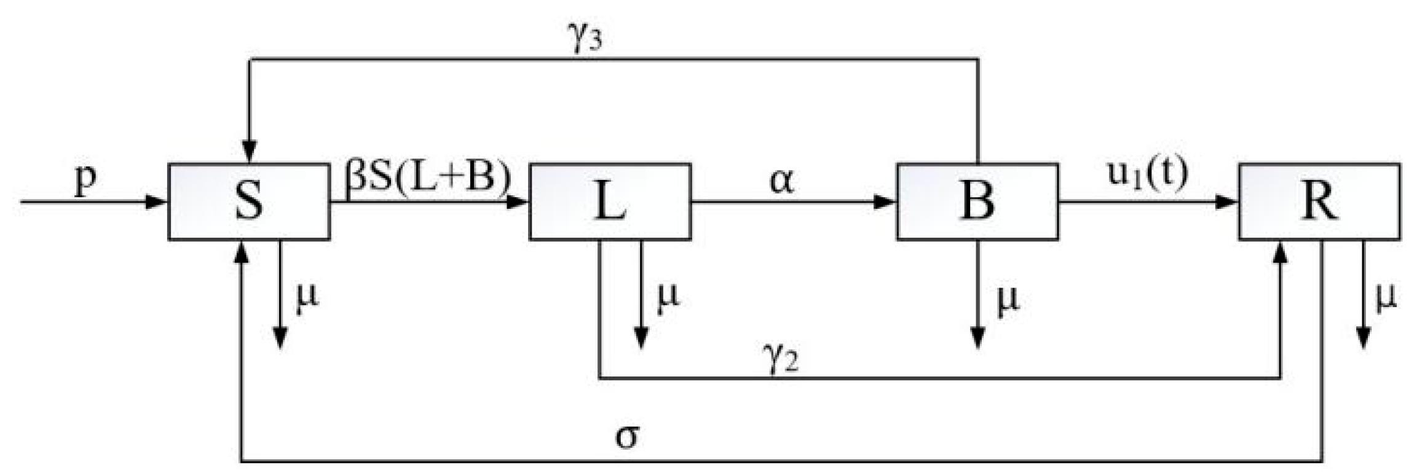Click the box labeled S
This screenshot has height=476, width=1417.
click(x=249, y=201)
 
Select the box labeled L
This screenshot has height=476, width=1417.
click(x=610, y=201)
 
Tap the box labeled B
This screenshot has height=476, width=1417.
click(x=977, y=201)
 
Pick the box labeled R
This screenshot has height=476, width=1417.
click(x=1319, y=201)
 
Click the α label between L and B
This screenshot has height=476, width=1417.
click(x=781, y=182)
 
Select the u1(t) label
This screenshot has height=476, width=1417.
click(x=1147, y=175)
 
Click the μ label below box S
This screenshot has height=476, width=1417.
click(x=308, y=299)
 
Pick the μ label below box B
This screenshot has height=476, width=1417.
click(x=1008, y=301)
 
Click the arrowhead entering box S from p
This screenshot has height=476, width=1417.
click(x=157, y=201)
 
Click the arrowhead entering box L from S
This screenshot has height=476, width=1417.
click(x=518, y=201)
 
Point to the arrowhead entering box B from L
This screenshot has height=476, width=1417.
click(x=885, y=201)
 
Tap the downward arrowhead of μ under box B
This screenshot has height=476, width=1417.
click(x=977, y=340)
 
